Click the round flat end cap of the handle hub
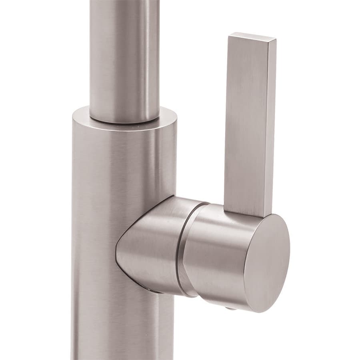(266, 262)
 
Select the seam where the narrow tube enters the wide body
(124, 119)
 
